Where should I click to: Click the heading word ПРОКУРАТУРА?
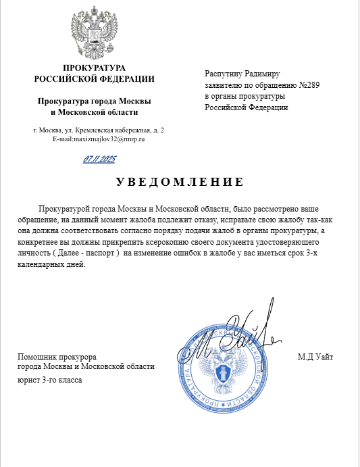click(x=95, y=68)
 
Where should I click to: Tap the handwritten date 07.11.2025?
click(x=100, y=159)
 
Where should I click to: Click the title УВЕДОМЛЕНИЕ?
click(x=179, y=182)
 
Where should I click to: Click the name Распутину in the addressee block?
click(x=224, y=74)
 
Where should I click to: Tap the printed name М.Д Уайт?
click(x=315, y=356)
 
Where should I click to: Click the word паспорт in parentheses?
click(x=100, y=253)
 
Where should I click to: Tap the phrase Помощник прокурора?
click(x=57, y=356)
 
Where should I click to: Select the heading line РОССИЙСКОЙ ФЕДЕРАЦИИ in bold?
click(x=95, y=79)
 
